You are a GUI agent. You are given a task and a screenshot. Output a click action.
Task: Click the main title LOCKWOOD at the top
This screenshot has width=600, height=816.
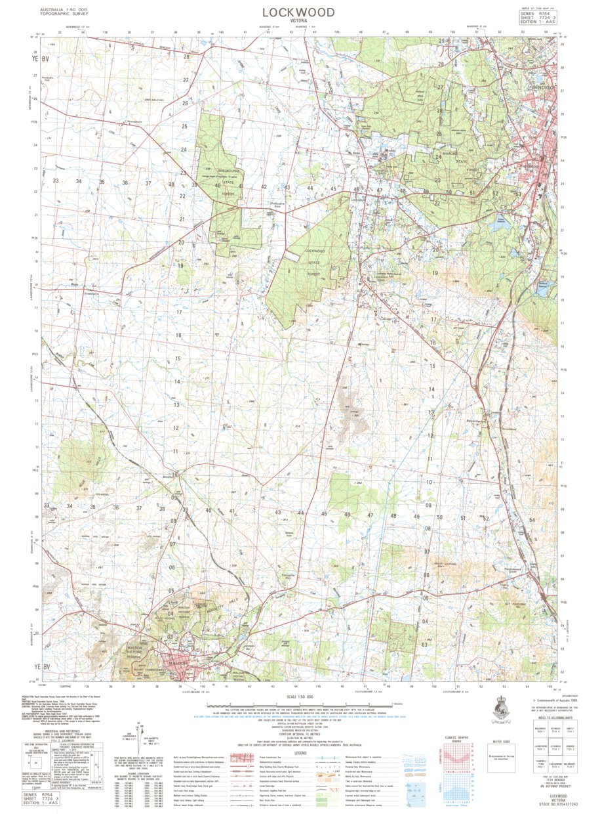click(x=298, y=12)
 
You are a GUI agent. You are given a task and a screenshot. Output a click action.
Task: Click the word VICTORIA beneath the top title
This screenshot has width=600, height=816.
click(x=298, y=22)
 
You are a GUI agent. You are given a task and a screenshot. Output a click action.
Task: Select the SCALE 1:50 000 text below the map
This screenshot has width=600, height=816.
click(x=298, y=697)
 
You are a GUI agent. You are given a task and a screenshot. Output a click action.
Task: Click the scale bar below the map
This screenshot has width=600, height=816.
click(x=298, y=705)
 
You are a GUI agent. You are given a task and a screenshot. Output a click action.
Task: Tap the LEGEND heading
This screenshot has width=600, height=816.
click(x=298, y=753)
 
